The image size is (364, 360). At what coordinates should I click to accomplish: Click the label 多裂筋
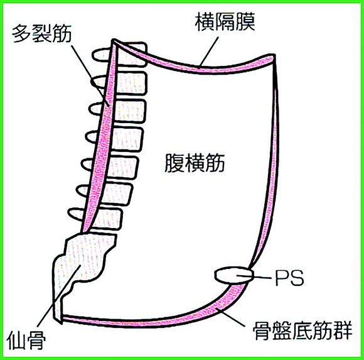point(42,34)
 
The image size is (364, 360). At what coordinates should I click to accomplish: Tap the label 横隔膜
point(225,22)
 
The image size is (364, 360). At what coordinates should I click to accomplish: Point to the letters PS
point(289,278)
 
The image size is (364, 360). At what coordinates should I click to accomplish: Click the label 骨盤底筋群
point(302,330)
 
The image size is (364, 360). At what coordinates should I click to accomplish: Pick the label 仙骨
point(26,340)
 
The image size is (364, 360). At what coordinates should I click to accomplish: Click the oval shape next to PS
point(233,275)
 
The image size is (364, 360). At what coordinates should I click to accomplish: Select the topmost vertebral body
point(132,54)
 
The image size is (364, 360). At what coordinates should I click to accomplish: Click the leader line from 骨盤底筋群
point(231,317)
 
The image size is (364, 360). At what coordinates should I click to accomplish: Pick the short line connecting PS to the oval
point(254,276)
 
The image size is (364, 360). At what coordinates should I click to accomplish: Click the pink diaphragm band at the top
point(195,63)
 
